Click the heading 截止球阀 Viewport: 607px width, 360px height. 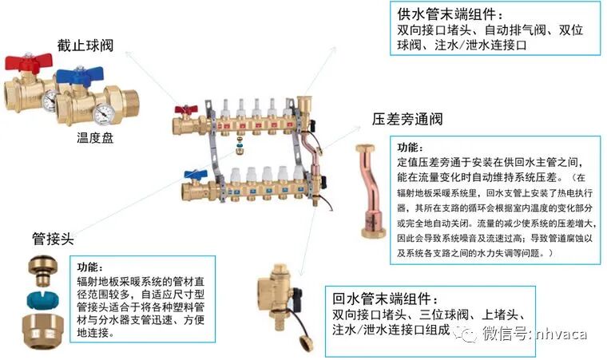click(x=85, y=45)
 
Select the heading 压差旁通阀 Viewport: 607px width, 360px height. click(x=407, y=120)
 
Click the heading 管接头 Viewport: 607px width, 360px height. click(x=53, y=239)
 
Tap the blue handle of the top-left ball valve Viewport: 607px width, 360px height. click(x=77, y=77)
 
